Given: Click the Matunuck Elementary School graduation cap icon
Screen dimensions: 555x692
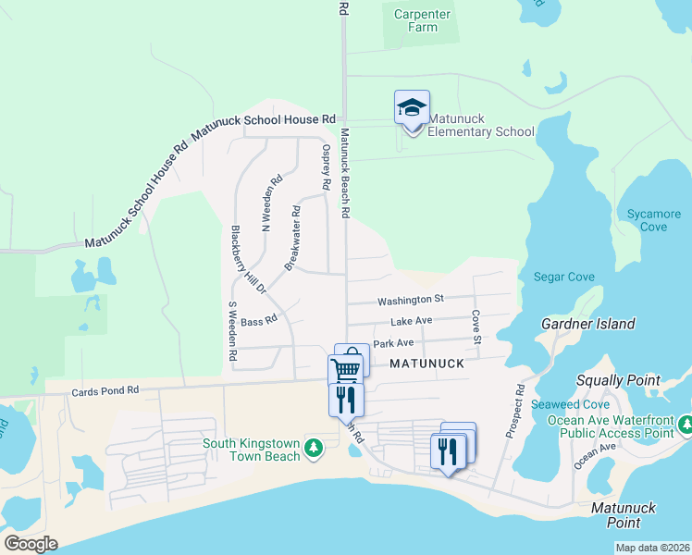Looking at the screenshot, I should (x=412, y=108).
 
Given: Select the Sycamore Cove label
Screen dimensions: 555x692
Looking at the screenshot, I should (x=653, y=220).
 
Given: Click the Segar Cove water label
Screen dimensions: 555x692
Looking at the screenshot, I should (x=563, y=277).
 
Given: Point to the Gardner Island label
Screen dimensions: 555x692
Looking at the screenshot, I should (x=589, y=324).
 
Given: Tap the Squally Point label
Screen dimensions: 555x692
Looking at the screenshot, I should (x=618, y=380).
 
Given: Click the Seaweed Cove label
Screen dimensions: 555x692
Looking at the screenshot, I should (x=578, y=405).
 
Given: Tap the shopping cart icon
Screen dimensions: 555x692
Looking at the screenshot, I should (x=345, y=370).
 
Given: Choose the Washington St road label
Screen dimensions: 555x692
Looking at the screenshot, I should (x=411, y=300).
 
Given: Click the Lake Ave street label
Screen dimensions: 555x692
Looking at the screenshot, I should (x=412, y=321).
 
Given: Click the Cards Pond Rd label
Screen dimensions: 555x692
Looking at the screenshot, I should (x=105, y=391).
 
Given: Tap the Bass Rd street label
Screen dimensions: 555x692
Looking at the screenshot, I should (x=259, y=322).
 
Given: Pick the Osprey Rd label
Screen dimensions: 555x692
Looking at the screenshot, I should (x=326, y=166).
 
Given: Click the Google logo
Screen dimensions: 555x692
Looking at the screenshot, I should (x=31, y=544).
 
